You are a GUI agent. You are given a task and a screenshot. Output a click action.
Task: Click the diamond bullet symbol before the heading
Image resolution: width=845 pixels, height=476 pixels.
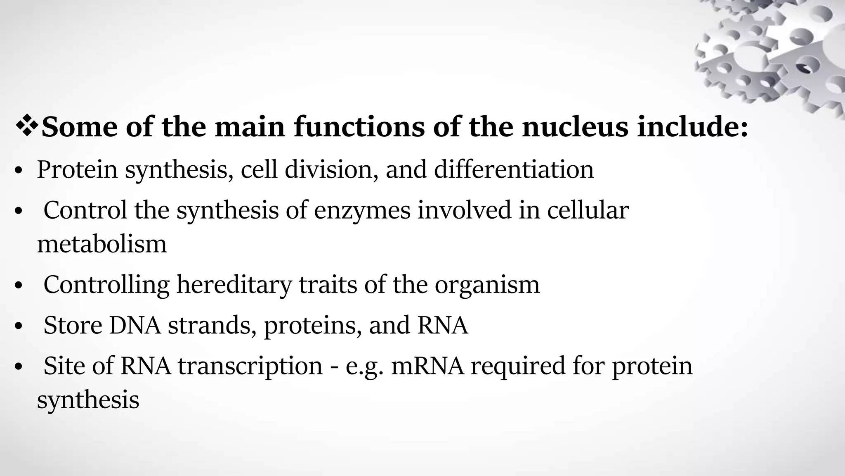pyautogui.click(x=27, y=127)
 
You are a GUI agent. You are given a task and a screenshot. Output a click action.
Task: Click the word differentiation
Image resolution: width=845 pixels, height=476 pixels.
pyautogui.click(x=514, y=170)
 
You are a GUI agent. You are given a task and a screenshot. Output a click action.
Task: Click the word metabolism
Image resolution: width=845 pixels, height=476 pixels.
pyautogui.click(x=102, y=244)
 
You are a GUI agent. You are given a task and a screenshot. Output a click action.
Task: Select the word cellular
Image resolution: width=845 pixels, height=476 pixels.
pyautogui.click(x=588, y=210)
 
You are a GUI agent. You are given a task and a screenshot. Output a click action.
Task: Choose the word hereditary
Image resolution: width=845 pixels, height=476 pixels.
pyautogui.click(x=234, y=285)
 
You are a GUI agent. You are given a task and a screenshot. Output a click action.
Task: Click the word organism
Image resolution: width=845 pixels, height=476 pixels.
pyautogui.click(x=487, y=286)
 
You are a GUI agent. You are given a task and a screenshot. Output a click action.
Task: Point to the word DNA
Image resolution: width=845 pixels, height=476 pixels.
pyautogui.click(x=135, y=325)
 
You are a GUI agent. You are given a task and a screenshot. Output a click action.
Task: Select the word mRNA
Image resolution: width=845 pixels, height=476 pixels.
pyautogui.click(x=427, y=366)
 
